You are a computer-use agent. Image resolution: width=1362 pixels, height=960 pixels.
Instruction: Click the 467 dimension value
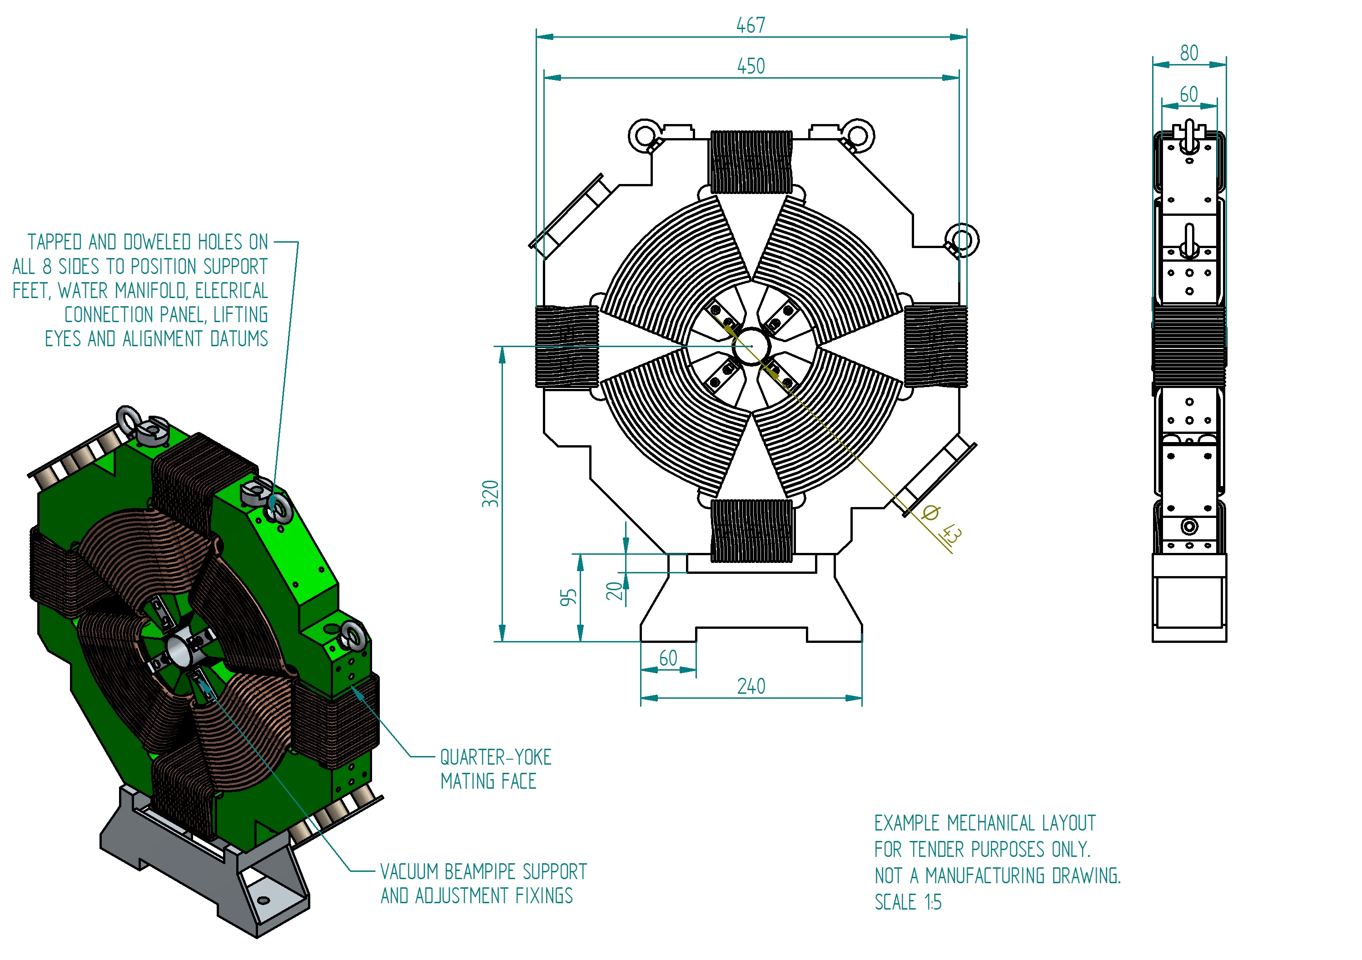pos(751,25)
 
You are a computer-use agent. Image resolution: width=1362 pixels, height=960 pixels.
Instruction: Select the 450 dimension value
pos(751,66)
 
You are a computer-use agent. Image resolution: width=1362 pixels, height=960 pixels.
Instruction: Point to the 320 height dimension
pos(490,494)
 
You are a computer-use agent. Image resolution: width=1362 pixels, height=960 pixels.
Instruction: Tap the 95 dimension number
pos(568,597)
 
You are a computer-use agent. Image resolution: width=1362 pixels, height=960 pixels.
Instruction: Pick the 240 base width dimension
pos(751,686)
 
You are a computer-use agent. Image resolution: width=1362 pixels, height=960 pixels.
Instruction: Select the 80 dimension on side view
pos(1189,53)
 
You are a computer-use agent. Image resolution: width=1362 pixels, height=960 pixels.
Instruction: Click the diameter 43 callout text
pos(943,522)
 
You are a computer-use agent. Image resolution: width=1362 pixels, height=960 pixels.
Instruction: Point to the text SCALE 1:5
pos(908,902)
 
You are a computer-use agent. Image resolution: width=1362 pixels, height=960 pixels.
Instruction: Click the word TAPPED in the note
pos(55,242)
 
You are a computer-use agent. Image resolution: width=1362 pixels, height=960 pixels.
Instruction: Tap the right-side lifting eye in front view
pos(962,240)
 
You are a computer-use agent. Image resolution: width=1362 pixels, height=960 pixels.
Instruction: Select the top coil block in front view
pos(751,162)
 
